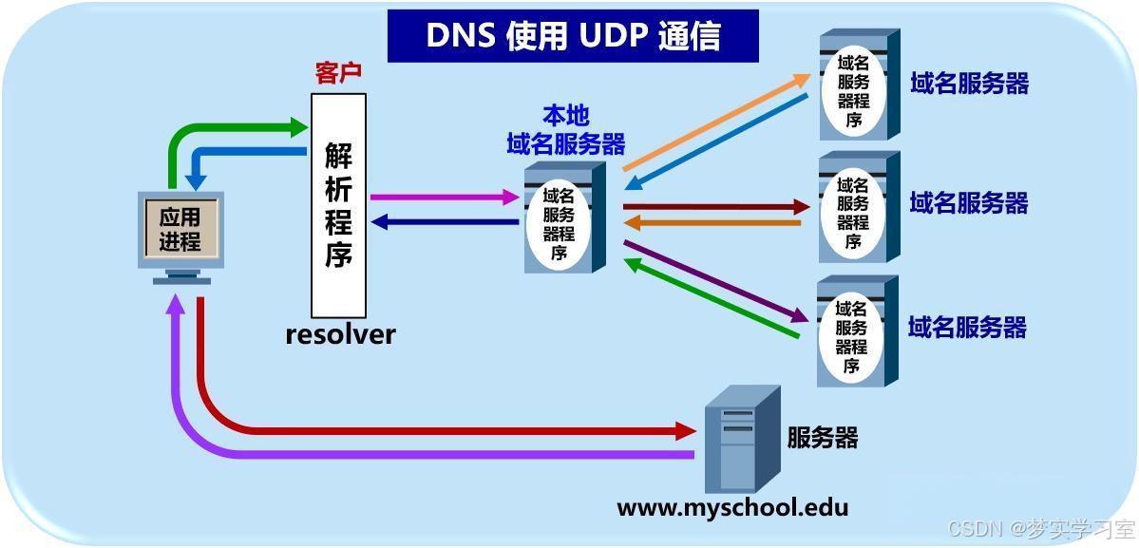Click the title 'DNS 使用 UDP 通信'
click(573, 35)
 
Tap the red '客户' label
click(338, 74)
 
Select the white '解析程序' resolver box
click(338, 204)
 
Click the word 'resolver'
click(340, 334)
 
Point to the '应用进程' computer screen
click(180, 229)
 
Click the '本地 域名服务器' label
click(566, 130)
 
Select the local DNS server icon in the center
click(564, 217)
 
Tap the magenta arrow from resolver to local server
click(442, 198)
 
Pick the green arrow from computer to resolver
click(228, 127)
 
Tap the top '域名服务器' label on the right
click(969, 84)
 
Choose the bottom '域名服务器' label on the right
click(967, 328)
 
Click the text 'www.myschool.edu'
click(732, 507)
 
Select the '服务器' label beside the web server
click(823, 437)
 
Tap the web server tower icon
click(741, 439)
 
